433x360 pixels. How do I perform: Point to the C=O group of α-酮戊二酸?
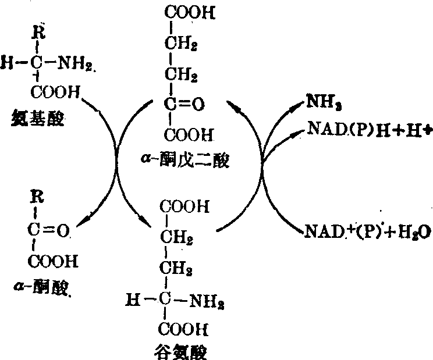point(183,105)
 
